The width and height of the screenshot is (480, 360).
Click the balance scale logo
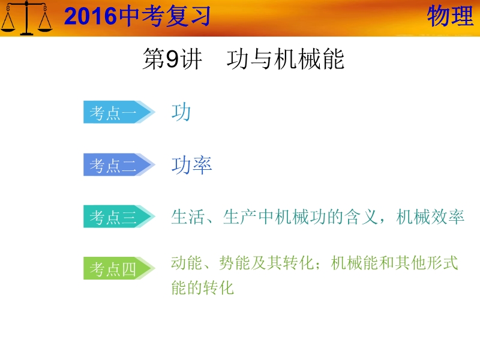click(26, 18)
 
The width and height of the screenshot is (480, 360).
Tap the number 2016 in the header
click(91, 16)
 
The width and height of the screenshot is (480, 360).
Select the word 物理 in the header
click(450, 16)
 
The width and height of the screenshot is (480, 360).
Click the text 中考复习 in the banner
click(164, 16)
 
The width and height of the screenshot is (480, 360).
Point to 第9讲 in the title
click(172, 59)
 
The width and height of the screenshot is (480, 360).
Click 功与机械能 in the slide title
click(286, 59)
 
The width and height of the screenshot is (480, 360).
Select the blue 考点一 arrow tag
click(119, 112)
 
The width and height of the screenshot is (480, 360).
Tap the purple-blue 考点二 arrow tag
click(119, 164)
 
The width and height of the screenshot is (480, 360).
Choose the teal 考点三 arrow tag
click(119, 217)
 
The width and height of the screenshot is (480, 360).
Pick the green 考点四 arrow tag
click(119, 268)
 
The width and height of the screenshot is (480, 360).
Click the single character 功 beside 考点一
click(181, 112)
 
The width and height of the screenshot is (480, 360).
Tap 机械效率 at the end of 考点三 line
click(430, 217)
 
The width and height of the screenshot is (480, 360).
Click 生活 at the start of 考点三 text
click(188, 217)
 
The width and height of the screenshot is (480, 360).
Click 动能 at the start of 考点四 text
click(187, 263)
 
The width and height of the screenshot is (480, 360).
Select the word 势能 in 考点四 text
click(235, 263)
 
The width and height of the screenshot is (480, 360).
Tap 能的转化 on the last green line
click(202, 287)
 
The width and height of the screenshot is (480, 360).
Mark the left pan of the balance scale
click(8, 25)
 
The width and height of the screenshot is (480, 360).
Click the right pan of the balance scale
click(46, 25)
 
